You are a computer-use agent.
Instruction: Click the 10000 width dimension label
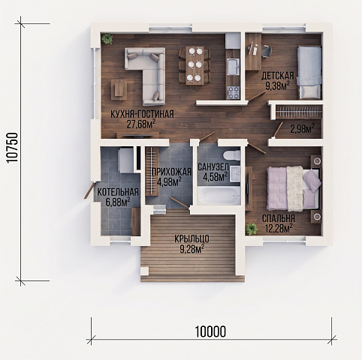210,331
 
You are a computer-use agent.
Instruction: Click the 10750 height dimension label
12,148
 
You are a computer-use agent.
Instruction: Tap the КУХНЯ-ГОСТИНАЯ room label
142,114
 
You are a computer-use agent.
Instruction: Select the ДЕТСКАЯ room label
278,76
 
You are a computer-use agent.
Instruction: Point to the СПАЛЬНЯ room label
279,218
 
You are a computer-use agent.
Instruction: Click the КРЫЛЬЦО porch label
192,239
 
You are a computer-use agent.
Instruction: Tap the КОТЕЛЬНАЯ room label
118,192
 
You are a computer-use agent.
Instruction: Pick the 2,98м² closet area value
303,129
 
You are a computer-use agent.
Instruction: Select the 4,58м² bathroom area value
216,176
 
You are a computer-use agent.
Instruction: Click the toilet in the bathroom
231,155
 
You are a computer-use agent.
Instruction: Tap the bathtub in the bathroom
219,196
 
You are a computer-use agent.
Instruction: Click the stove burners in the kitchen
233,92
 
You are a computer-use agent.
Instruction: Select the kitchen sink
233,67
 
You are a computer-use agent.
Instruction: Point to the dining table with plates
195,65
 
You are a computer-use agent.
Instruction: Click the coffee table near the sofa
119,89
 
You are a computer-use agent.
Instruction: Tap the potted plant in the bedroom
252,229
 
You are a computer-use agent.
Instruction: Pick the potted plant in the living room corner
107,39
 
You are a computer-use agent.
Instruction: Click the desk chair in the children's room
267,51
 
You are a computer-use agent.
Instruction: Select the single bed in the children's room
309,73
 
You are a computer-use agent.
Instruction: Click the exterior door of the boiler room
89,190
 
